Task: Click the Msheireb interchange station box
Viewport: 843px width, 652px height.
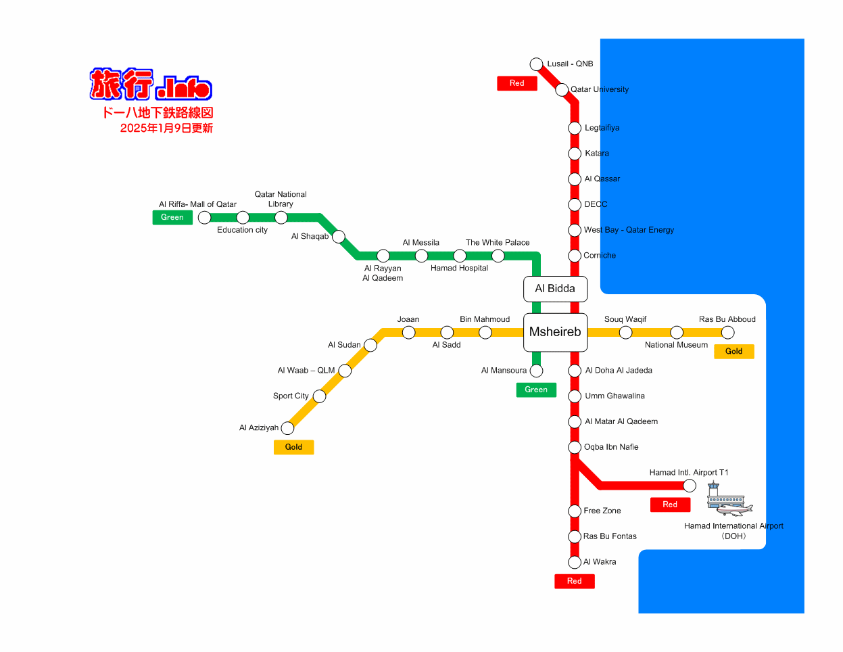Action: (555, 332)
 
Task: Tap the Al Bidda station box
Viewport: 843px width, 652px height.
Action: (555, 289)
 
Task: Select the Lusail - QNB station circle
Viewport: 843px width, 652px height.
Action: (536, 64)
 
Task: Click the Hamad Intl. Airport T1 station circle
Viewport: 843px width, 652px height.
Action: (690, 485)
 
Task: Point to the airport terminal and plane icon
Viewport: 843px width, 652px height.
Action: (729, 498)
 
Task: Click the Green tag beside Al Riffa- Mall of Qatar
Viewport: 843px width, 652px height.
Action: (172, 217)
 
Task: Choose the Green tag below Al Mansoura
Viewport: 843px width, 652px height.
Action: (536, 390)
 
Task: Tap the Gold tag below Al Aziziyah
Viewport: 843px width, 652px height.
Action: (293, 447)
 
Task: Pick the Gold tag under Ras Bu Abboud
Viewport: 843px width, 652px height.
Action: (734, 351)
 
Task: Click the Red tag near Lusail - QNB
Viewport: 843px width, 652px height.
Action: (517, 83)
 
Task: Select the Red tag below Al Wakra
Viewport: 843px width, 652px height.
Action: (575, 581)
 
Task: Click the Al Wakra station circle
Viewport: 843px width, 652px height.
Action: (575, 562)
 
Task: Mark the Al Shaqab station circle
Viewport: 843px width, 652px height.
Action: (338, 236)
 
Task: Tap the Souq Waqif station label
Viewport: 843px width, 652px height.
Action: (625, 319)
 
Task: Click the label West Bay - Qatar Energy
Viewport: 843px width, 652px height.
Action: (629, 230)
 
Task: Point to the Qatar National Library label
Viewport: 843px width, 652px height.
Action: (281, 199)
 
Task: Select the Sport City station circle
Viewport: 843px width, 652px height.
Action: (319, 396)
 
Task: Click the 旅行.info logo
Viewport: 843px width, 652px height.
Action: (151, 85)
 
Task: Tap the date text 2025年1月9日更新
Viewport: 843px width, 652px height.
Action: (166, 128)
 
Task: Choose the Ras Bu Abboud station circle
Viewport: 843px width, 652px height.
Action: (728, 333)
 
